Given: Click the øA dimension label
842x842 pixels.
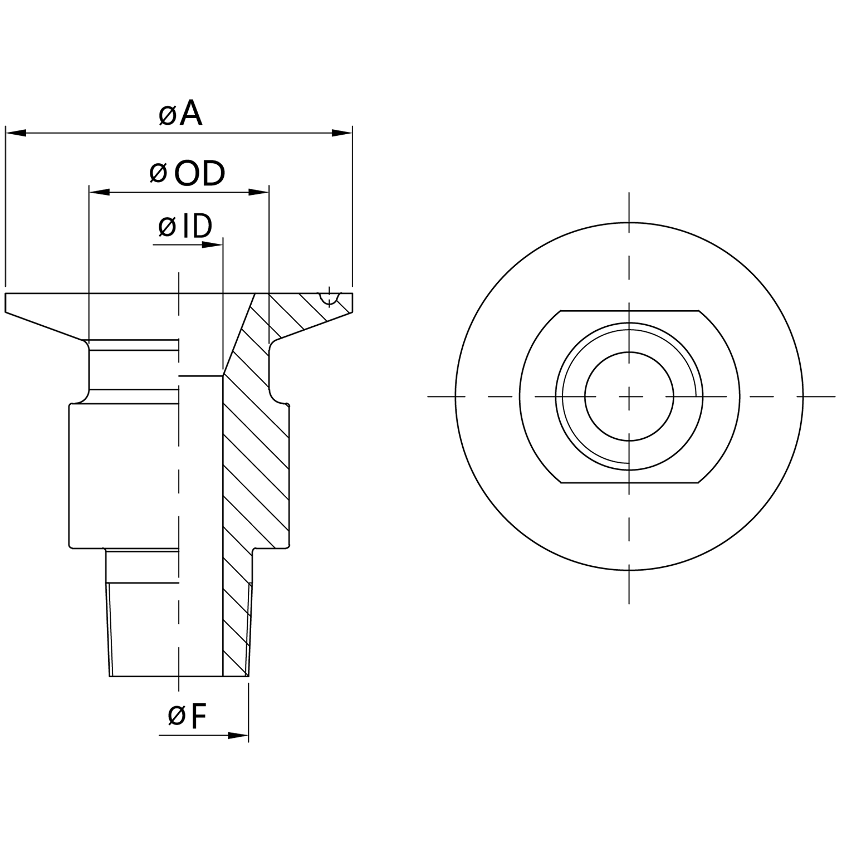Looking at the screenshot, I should [x=180, y=114].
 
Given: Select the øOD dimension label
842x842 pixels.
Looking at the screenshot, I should [x=188, y=173].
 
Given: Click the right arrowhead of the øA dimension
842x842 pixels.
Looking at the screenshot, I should [x=342, y=133].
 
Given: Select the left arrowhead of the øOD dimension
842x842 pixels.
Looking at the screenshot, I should [x=99, y=192].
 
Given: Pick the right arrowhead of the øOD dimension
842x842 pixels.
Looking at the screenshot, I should [x=259, y=192].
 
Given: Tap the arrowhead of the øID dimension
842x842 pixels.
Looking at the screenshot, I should [x=213, y=244].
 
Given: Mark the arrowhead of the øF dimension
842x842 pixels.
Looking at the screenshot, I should [x=238, y=736].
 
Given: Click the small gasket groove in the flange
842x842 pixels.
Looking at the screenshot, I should [x=330, y=299].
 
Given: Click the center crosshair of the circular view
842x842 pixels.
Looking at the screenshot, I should [x=629, y=396].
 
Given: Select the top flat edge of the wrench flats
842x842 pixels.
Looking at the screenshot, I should [x=629, y=311].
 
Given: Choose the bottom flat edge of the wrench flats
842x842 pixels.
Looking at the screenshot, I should [x=629, y=483].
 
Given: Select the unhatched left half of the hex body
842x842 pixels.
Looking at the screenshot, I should [x=123, y=473].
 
